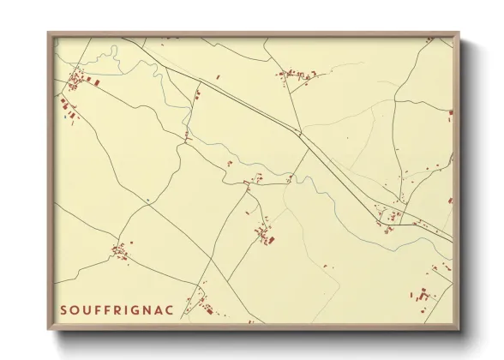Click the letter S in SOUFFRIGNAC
(64, 309)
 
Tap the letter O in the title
(75, 309)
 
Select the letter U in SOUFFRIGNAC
(87, 309)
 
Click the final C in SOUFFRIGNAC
(171, 309)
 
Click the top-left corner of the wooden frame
(48, 33)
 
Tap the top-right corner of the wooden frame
(459, 33)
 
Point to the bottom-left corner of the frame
(48, 330)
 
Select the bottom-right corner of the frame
(459, 330)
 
